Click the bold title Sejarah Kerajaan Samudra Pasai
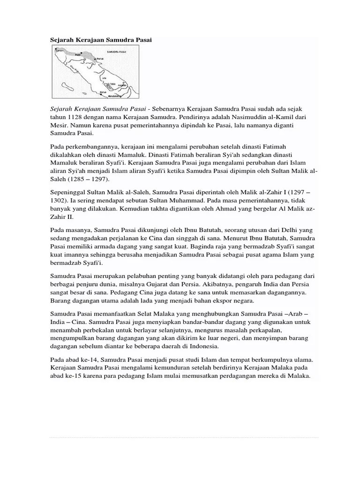pyautogui.click(x=101, y=40)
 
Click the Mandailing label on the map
pyautogui.click(x=114, y=96)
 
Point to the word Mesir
pyautogui.click(x=59, y=125)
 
